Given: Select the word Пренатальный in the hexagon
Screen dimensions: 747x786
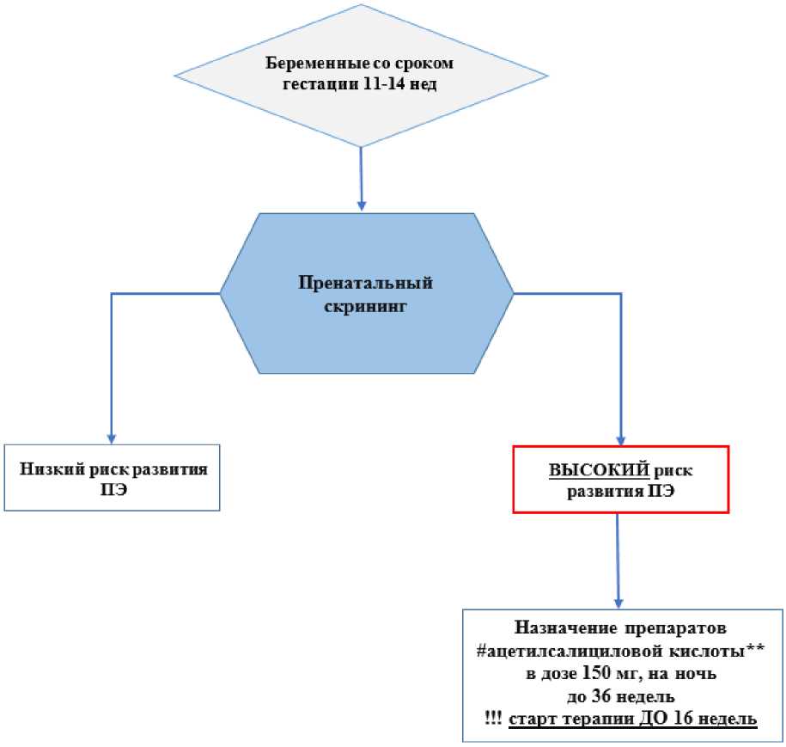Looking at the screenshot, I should click(x=365, y=283).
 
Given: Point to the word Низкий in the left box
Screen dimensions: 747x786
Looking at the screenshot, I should click(x=50, y=470).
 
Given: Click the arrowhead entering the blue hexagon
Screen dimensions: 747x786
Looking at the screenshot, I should click(x=362, y=206).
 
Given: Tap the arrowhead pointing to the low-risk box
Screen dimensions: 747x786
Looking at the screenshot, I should click(x=111, y=438).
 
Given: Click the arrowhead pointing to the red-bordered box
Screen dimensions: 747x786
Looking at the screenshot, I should click(x=620, y=438).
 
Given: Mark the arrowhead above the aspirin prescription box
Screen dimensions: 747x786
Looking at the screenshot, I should click(x=618, y=603).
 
